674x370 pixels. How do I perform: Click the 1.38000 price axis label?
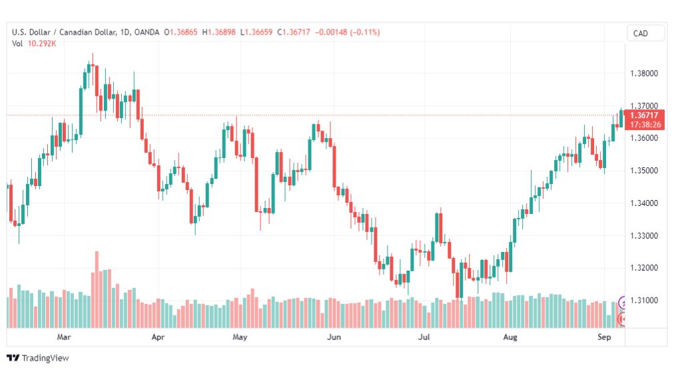(644, 73)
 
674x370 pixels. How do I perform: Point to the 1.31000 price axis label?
(644, 300)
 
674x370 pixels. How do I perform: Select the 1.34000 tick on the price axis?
(644, 203)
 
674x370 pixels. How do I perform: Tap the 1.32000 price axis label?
(644, 267)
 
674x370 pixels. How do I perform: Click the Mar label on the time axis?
(64, 337)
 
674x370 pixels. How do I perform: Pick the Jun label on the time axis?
(334, 337)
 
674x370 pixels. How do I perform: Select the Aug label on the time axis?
(510, 337)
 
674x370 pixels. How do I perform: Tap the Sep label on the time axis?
(604, 337)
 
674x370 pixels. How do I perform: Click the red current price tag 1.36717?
(644, 115)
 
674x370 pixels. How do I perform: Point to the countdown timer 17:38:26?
(645, 125)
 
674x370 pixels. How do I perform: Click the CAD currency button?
(640, 33)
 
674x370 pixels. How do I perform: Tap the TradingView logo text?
(45, 358)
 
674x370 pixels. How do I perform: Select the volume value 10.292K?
(42, 43)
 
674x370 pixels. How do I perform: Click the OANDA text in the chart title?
(147, 32)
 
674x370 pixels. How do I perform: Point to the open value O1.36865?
(180, 32)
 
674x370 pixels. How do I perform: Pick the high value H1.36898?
(219, 32)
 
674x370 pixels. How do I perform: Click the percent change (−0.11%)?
(365, 32)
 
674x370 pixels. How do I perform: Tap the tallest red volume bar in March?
(97, 289)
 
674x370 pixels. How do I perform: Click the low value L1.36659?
(256, 32)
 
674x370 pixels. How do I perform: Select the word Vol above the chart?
(17, 43)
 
